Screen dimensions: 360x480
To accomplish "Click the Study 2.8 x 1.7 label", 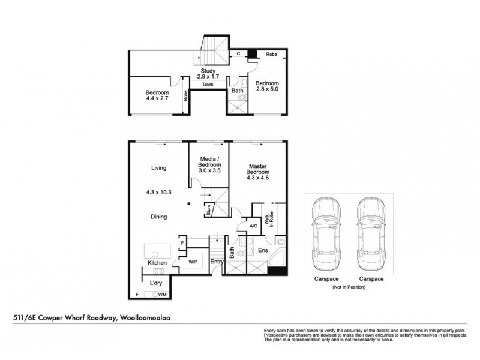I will [x=208, y=74].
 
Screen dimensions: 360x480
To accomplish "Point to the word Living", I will [x=159, y=169].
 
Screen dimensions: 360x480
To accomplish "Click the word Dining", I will [x=159, y=217].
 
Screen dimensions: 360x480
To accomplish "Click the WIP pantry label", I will [x=193, y=263].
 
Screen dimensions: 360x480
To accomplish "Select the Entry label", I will [x=216, y=262].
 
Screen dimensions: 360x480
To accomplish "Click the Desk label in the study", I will [x=208, y=85].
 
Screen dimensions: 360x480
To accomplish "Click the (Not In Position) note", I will [x=348, y=288].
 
